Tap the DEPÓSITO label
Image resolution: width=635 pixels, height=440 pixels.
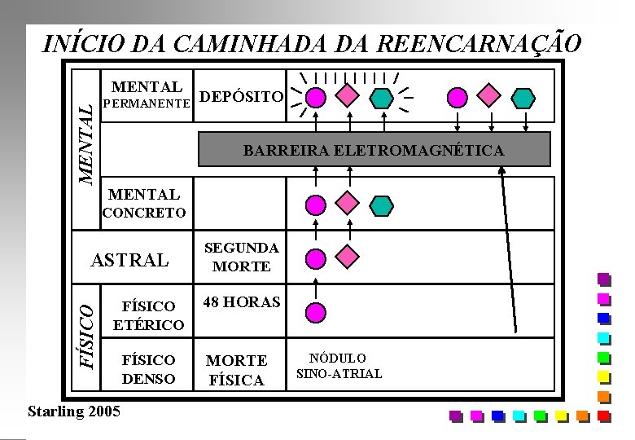click(242, 97)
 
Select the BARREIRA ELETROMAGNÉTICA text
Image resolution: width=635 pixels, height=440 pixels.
click(374, 151)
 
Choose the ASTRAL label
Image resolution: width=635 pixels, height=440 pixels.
click(130, 261)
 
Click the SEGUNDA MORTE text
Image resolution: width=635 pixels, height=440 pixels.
click(241, 257)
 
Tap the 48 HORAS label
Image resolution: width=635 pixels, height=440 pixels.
click(242, 302)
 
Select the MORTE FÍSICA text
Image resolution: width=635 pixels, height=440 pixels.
click(236, 370)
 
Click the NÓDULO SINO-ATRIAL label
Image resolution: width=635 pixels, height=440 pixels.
click(339, 366)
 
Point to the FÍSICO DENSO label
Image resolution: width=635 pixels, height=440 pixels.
click(149, 369)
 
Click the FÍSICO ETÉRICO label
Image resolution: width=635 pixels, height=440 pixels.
click(148, 315)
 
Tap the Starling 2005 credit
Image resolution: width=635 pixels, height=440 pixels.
click(73, 410)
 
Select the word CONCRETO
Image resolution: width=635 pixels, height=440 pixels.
click(143, 213)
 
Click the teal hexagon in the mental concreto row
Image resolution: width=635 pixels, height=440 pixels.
click(380, 203)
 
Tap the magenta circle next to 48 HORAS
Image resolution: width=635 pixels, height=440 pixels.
click(315, 310)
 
